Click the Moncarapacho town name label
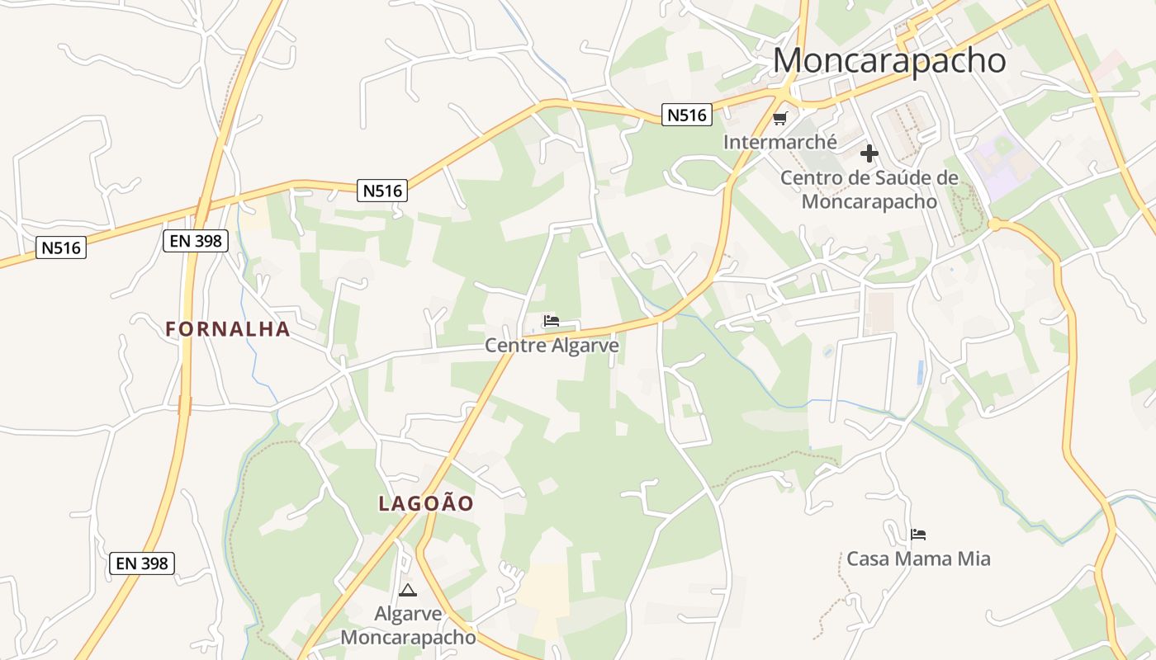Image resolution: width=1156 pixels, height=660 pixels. (x=889, y=60)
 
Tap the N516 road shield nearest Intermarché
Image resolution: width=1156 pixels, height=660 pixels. (x=687, y=115)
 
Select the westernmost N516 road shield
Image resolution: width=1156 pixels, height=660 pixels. (x=61, y=247)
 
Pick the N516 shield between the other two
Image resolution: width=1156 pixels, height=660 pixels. (x=383, y=191)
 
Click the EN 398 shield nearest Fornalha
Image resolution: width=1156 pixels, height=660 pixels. (x=195, y=241)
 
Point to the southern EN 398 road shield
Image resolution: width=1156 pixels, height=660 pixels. (x=142, y=563)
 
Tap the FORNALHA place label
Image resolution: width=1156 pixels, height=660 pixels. (x=227, y=329)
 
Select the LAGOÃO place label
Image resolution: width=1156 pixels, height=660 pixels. (x=426, y=503)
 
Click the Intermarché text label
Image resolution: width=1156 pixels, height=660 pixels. (x=779, y=142)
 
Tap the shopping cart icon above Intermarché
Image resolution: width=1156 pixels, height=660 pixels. (x=780, y=119)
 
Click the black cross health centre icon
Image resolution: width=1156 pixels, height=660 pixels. (x=869, y=153)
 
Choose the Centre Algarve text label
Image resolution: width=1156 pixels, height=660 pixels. (x=552, y=345)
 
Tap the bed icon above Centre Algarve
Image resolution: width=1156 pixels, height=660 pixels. (x=552, y=321)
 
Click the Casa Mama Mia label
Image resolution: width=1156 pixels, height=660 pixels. (x=918, y=559)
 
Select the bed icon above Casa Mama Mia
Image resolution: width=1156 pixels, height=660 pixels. (x=918, y=535)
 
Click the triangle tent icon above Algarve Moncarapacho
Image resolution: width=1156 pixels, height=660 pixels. (x=407, y=591)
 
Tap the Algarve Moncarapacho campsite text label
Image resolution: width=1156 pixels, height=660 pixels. (x=408, y=625)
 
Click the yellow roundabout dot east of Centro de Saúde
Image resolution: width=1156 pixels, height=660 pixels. (x=994, y=224)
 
